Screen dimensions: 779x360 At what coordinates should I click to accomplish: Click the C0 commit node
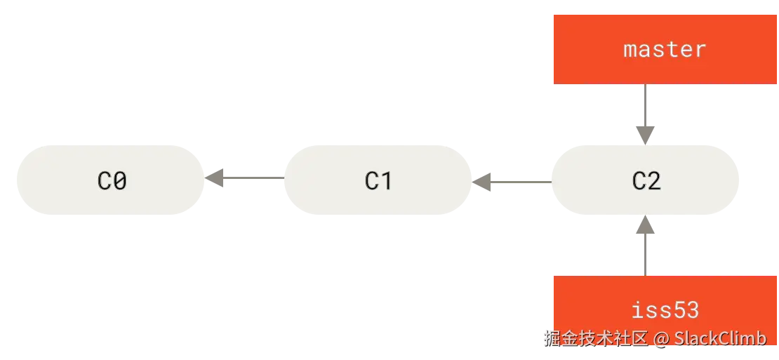112,180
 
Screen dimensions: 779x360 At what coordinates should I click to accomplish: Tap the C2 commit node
646,180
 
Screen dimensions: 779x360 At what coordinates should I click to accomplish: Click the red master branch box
665,48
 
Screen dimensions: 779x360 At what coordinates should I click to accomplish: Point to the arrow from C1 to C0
246,177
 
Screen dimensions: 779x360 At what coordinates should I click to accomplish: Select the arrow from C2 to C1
512,182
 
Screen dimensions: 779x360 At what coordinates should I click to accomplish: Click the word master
665,49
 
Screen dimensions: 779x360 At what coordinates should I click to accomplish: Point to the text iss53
665,310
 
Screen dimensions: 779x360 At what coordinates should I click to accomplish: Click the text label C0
112,180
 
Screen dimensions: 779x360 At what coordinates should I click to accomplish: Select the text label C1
378,180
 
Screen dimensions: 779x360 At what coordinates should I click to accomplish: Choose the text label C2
646,180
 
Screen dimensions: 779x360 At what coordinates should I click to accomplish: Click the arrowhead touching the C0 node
215,177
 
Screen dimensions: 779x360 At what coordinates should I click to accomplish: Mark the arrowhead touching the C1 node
483,182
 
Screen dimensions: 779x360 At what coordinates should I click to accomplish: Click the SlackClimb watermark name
720,338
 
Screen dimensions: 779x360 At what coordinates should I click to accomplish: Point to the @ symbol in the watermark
661,339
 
